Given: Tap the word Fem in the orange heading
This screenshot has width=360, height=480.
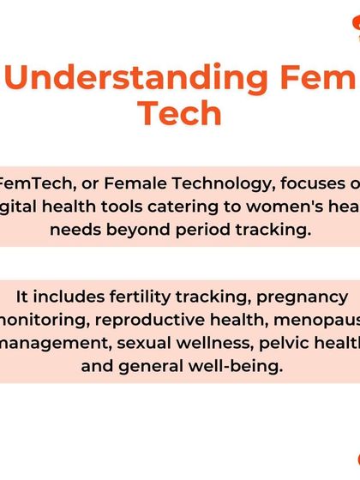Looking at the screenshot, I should pyautogui.click(x=317, y=79).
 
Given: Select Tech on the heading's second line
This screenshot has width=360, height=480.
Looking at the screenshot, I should pyautogui.click(x=180, y=114).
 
